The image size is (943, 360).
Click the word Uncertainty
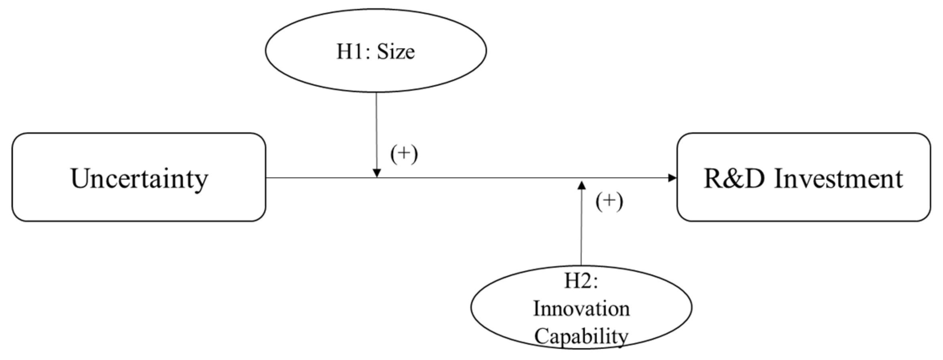(139, 178)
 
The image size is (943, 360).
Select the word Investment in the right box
(838, 178)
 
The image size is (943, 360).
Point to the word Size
(396, 52)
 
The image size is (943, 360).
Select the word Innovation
(581, 309)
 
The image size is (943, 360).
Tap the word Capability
(581, 336)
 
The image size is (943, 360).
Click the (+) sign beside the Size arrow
(404, 154)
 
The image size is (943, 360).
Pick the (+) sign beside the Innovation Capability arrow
(609, 201)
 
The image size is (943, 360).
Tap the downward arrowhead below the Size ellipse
(376, 173)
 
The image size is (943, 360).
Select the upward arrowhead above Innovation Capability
(581, 185)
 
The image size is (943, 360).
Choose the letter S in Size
(383, 52)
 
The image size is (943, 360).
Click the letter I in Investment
(778, 178)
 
